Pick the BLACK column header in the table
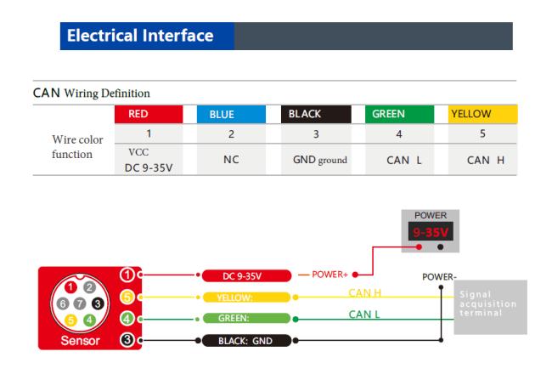pyautogui.click(x=317, y=113)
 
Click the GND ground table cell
pyautogui.click(x=317, y=156)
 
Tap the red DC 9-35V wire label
pyautogui.click(x=246, y=276)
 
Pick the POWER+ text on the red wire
pyautogui.click(x=330, y=275)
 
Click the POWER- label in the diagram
pyautogui.click(x=440, y=277)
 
